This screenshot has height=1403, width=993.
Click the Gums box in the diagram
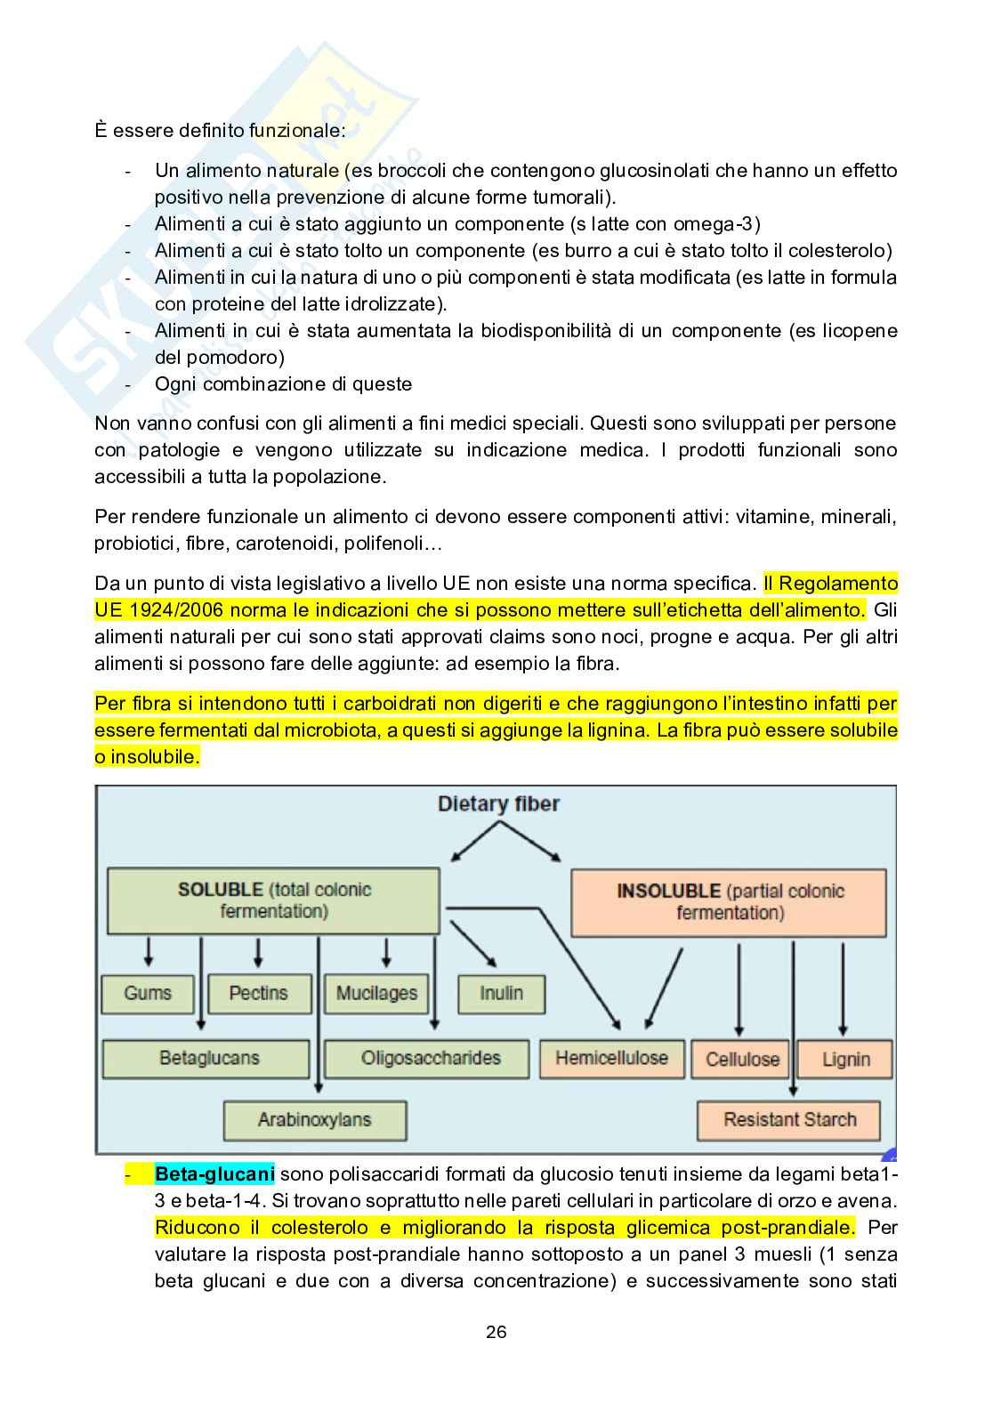tap(148, 993)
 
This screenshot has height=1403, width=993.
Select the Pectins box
tap(259, 993)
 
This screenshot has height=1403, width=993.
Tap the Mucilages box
tap(376, 993)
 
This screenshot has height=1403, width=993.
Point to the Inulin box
tap(501, 993)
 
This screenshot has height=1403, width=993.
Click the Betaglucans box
tap(208, 1058)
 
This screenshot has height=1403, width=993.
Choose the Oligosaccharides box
tap(430, 1058)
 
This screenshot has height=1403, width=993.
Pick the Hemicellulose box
tap(611, 1058)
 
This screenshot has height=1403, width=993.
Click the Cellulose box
tap(742, 1059)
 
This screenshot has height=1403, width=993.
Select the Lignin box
tap(844, 1059)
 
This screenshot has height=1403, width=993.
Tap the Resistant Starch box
tap(789, 1119)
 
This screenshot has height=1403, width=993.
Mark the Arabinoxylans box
tap(314, 1119)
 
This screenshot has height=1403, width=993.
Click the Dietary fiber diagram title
tap(498, 804)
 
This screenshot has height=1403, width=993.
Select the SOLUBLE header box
tap(273, 900)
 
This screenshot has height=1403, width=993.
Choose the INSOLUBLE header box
tap(729, 901)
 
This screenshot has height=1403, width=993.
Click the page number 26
tap(496, 1332)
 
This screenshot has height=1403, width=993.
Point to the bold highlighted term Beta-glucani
tap(214, 1173)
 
